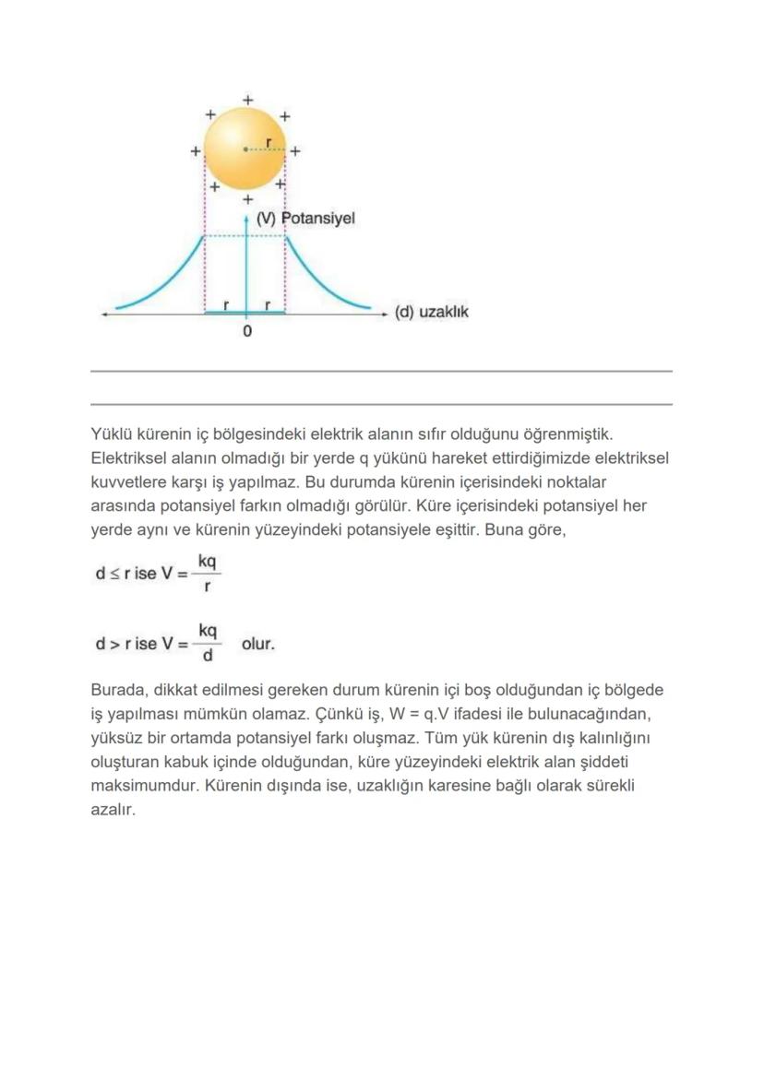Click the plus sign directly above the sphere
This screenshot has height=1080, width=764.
tap(246, 99)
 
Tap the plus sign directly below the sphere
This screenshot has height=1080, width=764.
tap(247, 199)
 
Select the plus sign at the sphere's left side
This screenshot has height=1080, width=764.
tap(196, 150)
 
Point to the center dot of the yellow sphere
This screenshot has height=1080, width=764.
tap(245, 148)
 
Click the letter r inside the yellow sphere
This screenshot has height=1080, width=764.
tap(268, 142)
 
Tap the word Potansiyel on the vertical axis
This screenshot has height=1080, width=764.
tap(318, 219)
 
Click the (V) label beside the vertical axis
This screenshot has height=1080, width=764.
tap(267, 219)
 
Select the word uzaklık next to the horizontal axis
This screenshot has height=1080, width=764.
tap(444, 312)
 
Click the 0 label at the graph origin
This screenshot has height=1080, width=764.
tap(246, 331)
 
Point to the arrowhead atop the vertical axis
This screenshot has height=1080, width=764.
tap(246, 220)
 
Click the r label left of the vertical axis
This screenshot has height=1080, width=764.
tap(227, 303)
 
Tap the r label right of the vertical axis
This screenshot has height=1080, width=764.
tap(268, 303)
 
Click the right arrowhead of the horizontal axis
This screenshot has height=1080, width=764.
tap(385, 315)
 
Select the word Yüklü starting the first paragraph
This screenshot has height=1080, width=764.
tap(111, 433)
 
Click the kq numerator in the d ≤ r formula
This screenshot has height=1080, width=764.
tap(208, 561)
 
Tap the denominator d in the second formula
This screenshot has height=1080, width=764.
tap(208, 656)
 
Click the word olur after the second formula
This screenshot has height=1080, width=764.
tap(258, 644)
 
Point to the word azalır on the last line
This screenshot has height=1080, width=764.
tap(113, 810)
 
